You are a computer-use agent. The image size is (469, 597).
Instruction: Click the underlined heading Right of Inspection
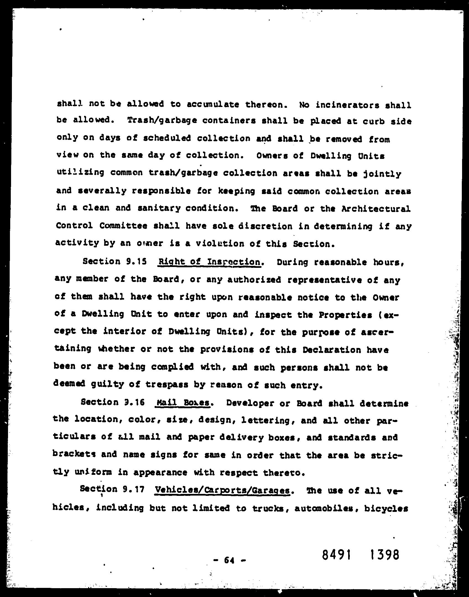click(x=209, y=262)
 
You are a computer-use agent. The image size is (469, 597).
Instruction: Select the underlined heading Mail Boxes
click(x=183, y=403)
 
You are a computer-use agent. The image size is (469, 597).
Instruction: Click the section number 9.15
click(x=136, y=261)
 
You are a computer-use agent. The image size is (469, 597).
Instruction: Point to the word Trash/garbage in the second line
click(x=162, y=121)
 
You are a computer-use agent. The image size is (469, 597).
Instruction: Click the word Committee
click(x=123, y=226)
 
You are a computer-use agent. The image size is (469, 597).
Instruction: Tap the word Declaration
click(x=332, y=350)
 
